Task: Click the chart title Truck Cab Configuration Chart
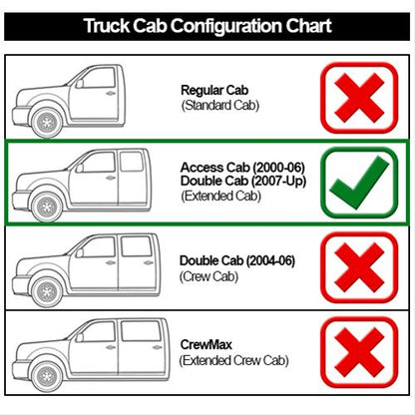pyautogui.click(x=207, y=26)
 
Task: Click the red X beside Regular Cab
pyautogui.click(x=359, y=98)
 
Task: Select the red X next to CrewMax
pyautogui.click(x=359, y=352)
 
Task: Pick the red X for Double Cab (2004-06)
pyautogui.click(x=359, y=267)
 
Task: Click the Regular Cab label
pyautogui.click(x=214, y=90)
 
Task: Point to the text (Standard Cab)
pyautogui.click(x=220, y=106)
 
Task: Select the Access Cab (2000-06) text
pyautogui.click(x=242, y=167)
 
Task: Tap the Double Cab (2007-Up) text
pyautogui.click(x=243, y=181)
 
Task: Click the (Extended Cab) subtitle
pyautogui.click(x=220, y=196)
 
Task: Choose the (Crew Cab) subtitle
pyautogui.click(x=208, y=276)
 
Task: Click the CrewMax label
pyautogui.click(x=206, y=344)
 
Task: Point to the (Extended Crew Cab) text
pyautogui.click(x=233, y=360)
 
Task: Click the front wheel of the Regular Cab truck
pyautogui.click(x=47, y=122)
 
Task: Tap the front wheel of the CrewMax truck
pyautogui.click(x=47, y=376)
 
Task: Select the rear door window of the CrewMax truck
pyautogui.click(x=142, y=330)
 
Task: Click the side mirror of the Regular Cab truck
pyautogui.click(x=79, y=83)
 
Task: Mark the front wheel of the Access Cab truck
pyautogui.click(x=47, y=207)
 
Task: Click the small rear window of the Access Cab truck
pyautogui.click(x=132, y=162)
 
